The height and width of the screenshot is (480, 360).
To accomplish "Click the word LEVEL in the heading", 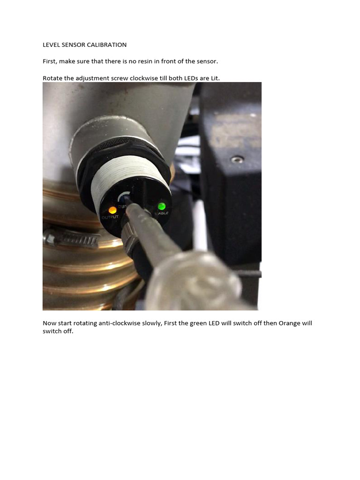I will point(52,45).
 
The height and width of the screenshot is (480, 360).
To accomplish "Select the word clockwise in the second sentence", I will point(143,78).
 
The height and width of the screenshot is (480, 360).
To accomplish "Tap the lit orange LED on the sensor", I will point(112,210).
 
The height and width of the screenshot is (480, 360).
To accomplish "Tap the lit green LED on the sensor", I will point(162,206).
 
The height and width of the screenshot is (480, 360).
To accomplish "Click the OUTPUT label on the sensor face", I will point(110,217).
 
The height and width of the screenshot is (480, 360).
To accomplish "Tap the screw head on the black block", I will point(238,159).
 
